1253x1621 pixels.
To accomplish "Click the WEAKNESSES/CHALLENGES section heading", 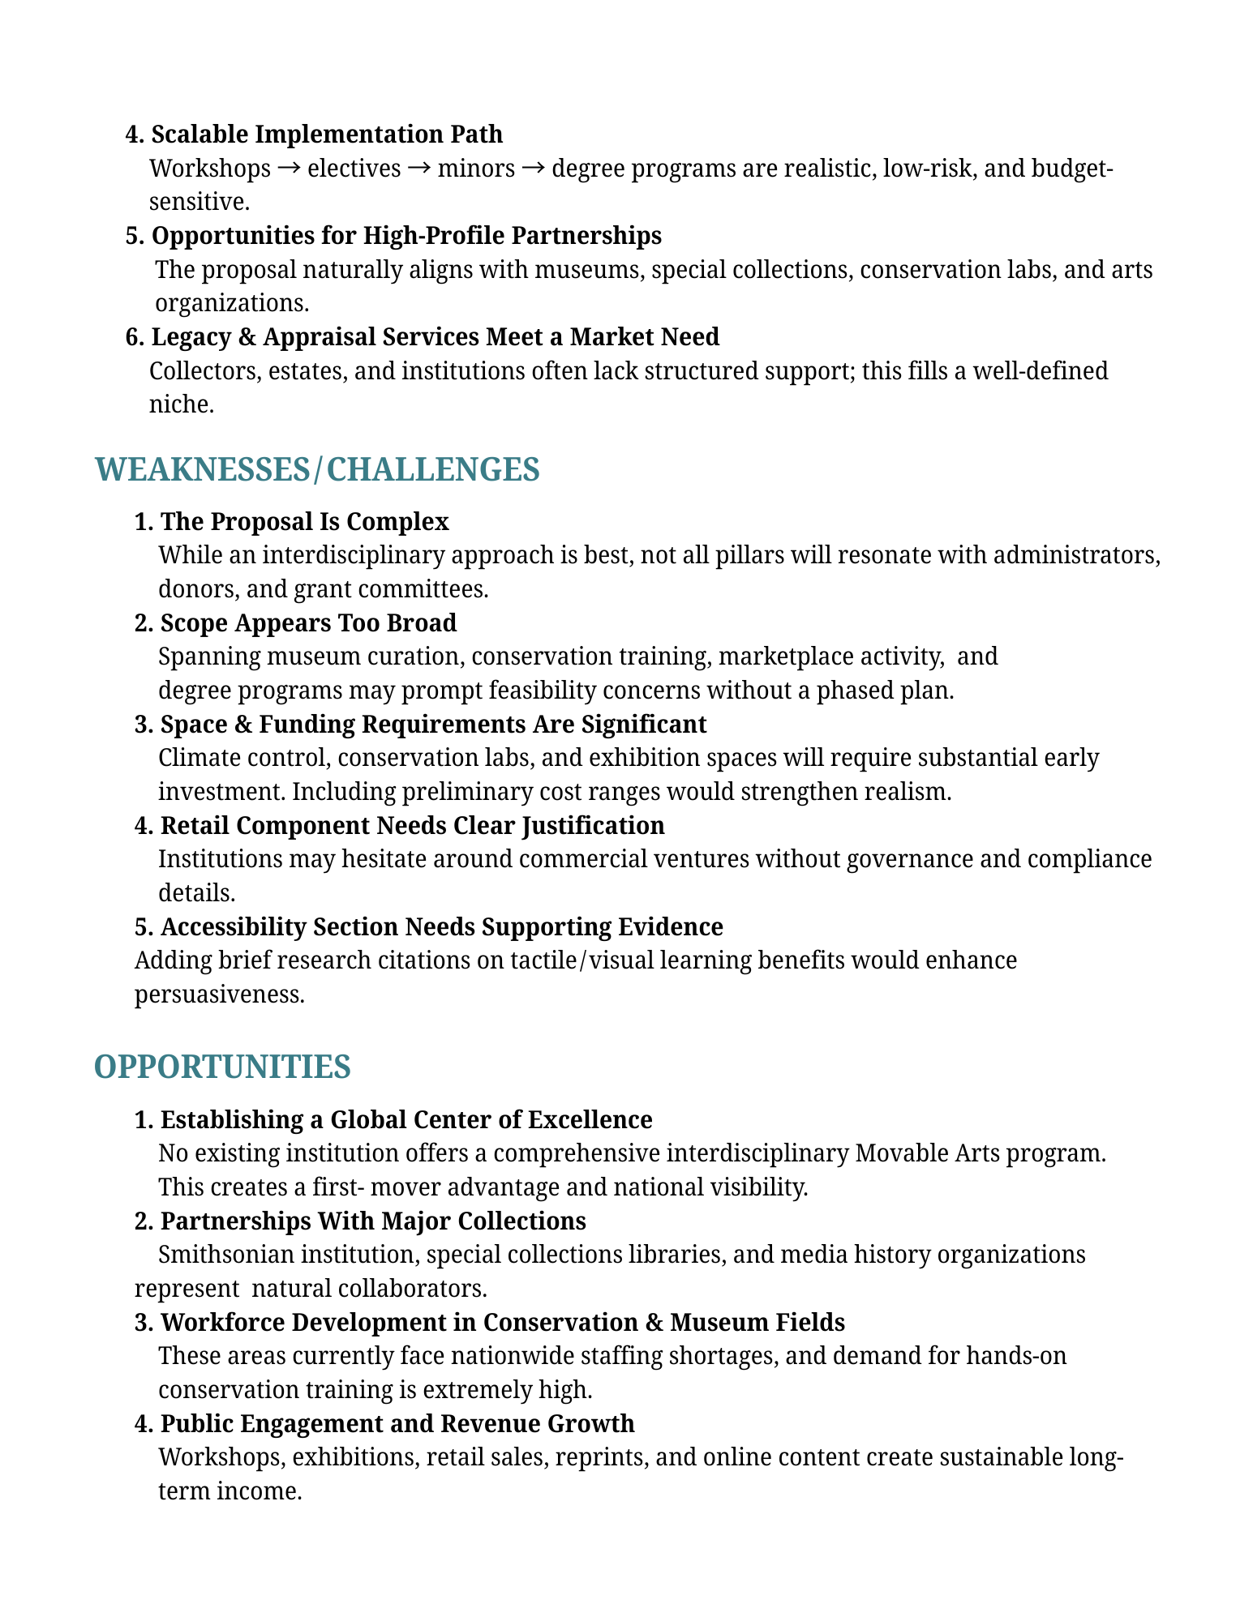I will coord(317,470).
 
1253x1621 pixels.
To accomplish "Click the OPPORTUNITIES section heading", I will coord(222,1067).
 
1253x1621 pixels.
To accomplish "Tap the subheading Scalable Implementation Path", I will coord(326,134).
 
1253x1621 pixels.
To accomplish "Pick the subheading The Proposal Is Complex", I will coord(304,521).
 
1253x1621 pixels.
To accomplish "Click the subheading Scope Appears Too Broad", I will coord(308,622).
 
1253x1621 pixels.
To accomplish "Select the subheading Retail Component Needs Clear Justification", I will coord(412,825).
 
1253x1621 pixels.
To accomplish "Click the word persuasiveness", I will coord(219,994).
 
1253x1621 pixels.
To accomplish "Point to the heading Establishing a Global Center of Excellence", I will coord(406,1119).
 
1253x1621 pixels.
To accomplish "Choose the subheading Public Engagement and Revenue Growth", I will coord(397,1423).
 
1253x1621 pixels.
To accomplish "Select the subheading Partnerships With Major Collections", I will coord(373,1221).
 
